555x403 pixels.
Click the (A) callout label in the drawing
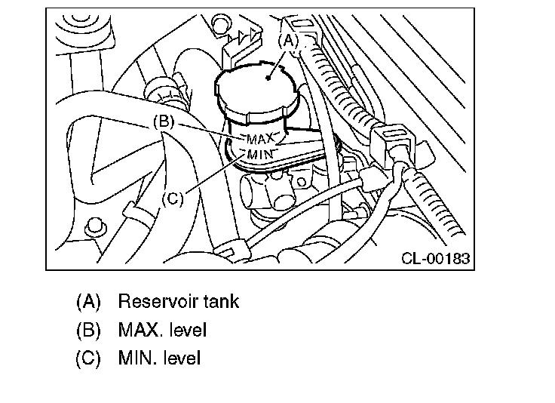(x=289, y=42)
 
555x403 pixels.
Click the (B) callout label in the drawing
(x=164, y=121)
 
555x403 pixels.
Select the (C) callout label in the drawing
(x=173, y=199)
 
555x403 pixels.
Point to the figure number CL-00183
(x=435, y=259)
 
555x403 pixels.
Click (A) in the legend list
(x=88, y=302)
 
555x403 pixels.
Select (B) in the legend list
(x=88, y=330)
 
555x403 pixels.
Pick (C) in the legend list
(x=88, y=358)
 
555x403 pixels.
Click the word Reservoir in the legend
(x=155, y=302)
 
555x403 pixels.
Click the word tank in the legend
(x=220, y=302)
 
